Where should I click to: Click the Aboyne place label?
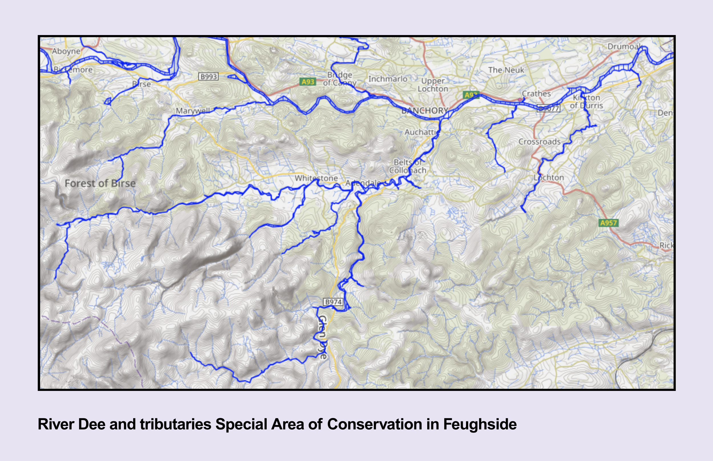(x=66, y=51)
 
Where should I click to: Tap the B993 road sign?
(x=208, y=77)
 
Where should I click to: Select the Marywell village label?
(x=193, y=111)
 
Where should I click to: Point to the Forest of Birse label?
(x=100, y=183)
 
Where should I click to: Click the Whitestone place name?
(x=316, y=178)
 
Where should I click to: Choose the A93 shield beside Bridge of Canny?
(x=308, y=82)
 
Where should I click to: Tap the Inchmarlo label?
(x=388, y=79)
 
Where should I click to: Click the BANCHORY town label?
(x=424, y=111)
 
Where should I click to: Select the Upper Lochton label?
(x=433, y=85)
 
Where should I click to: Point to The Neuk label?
(x=506, y=70)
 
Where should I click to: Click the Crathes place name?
(x=536, y=94)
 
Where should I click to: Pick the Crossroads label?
(x=539, y=142)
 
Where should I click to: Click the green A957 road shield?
(x=608, y=223)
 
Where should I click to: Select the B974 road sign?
(x=333, y=302)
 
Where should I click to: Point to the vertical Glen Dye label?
(x=322, y=337)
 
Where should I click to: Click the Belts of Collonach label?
(x=408, y=166)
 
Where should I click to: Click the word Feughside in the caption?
(x=480, y=424)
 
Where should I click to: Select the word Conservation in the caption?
(x=374, y=424)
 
